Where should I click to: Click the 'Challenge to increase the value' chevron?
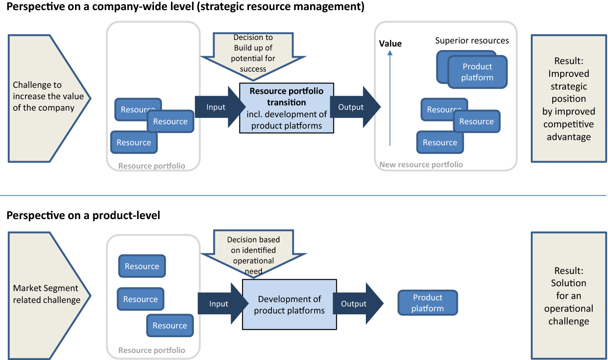(x=44, y=97)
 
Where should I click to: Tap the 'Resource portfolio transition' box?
(x=286, y=108)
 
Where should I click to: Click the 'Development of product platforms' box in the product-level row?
(x=289, y=305)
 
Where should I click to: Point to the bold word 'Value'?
(x=390, y=43)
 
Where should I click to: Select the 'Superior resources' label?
(x=472, y=41)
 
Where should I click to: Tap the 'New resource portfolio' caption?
(x=421, y=165)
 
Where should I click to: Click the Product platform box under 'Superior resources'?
(x=477, y=72)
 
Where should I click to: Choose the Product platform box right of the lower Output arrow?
(x=427, y=303)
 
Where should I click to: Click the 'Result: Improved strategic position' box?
(x=569, y=99)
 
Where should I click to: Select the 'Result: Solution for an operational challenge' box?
(x=569, y=295)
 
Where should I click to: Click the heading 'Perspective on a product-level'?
(x=83, y=216)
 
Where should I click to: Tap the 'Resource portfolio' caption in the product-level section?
(x=152, y=350)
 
